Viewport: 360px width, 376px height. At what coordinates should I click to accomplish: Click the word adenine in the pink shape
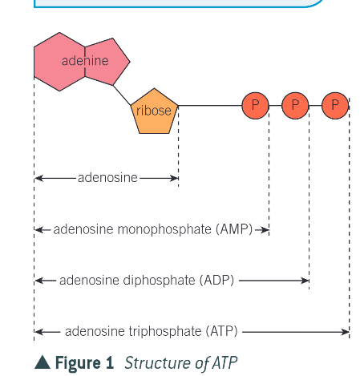coord(84,61)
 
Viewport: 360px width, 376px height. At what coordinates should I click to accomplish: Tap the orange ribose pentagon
coord(154,111)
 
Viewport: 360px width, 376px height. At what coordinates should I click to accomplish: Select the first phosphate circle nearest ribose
coord(255,105)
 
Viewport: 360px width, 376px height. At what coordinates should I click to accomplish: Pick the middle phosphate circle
coord(295,105)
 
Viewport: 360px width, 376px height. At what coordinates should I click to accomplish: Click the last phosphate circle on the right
coord(335,105)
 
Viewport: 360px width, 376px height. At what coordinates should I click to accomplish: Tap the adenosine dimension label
coord(107,177)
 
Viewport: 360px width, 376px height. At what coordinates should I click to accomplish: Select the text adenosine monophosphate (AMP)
coord(152,229)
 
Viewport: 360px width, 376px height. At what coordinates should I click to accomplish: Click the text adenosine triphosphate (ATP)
coord(151,331)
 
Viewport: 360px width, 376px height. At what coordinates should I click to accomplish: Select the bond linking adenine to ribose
coord(123,94)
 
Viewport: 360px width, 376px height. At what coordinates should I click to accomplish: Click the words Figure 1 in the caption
coord(84,363)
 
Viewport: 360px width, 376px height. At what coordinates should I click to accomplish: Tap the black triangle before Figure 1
coord(42,363)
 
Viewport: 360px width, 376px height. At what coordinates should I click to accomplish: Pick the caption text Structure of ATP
coord(180,363)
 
